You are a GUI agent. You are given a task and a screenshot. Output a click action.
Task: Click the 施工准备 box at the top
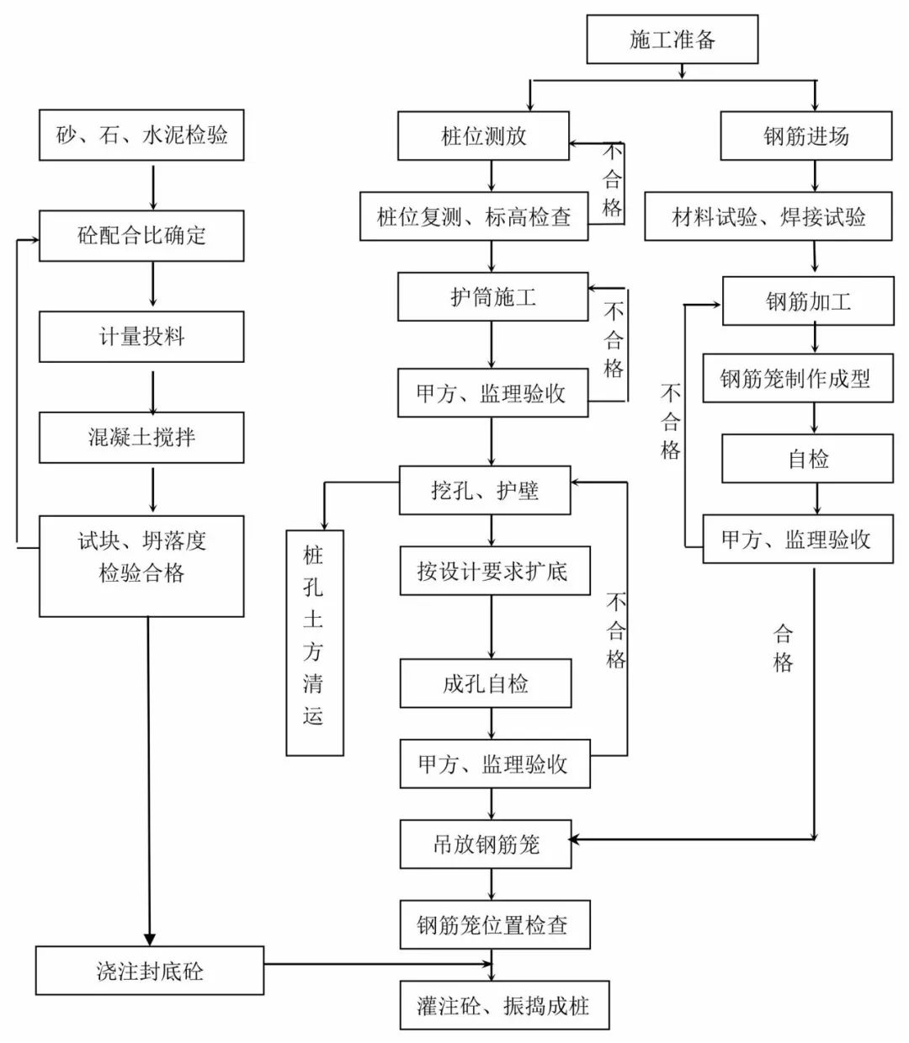[x=672, y=39]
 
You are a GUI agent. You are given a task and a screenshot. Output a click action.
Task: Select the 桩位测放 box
[x=483, y=136]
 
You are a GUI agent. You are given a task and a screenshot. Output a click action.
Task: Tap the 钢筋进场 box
[x=805, y=136]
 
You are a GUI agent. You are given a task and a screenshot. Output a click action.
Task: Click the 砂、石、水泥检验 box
[x=141, y=135]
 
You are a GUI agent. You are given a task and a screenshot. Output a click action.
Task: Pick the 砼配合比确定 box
[x=141, y=236]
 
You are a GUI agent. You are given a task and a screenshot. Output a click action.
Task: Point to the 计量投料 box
[x=141, y=337]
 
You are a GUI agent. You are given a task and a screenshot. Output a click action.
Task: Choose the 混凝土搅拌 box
[x=141, y=437]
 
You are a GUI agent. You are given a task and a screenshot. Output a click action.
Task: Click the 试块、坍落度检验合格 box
[x=141, y=566]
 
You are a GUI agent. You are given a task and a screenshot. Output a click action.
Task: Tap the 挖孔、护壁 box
[x=485, y=491]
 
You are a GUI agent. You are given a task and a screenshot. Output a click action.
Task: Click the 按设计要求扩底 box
[x=494, y=572]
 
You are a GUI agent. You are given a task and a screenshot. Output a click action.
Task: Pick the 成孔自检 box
[x=486, y=684]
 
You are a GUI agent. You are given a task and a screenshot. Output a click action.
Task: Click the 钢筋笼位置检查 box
[x=494, y=925]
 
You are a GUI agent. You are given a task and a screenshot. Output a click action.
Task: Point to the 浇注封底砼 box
[x=149, y=971]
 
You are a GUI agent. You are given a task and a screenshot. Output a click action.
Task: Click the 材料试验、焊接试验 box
[x=768, y=217]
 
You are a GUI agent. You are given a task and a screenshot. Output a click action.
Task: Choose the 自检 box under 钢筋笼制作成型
[x=807, y=459]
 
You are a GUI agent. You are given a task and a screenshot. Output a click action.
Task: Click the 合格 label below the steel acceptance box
[x=783, y=648]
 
